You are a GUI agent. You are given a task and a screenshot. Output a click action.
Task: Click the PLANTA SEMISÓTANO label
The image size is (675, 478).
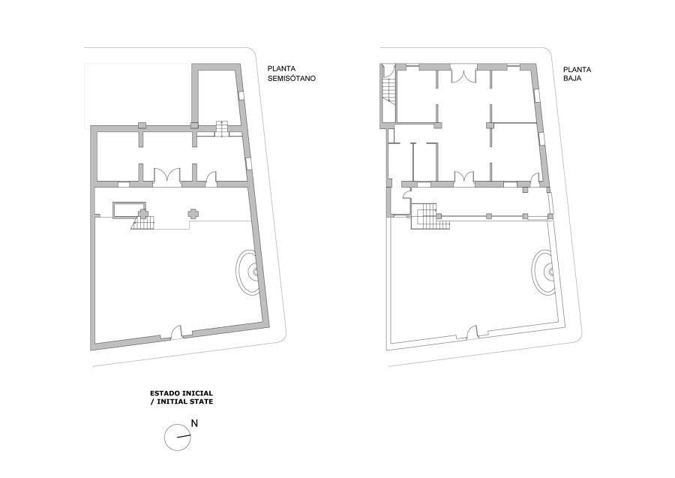pyautogui.click(x=292, y=74)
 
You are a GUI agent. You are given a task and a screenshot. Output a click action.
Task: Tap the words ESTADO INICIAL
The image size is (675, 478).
pyautogui.click(x=181, y=393)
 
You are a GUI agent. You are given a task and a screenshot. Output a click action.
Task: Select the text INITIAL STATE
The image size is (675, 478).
pyautogui.click(x=184, y=401)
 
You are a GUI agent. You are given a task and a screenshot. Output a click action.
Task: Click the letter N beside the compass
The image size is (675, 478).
pyautogui.click(x=194, y=423)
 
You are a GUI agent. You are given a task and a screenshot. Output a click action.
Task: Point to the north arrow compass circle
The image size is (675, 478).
pyautogui.click(x=178, y=437)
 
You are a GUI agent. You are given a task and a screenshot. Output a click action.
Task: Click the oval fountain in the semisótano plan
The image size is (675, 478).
pyautogui.click(x=247, y=272)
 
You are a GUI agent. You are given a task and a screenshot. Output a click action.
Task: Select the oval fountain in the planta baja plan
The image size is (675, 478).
pyautogui.click(x=543, y=272)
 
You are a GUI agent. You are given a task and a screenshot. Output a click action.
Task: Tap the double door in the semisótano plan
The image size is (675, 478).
pyautogui.click(x=166, y=176)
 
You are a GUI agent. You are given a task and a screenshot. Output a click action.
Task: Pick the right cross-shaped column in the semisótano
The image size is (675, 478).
pyautogui.click(x=193, y=214)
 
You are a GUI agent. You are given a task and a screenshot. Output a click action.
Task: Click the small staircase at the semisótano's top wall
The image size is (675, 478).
pyautogui.click(x=222, y=128)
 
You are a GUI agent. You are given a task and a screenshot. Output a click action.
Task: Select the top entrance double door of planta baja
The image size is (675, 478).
pyautogui.click(x=463, y=74)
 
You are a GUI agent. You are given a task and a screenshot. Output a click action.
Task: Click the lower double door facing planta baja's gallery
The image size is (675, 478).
pyautogui.click(x=463, y=177)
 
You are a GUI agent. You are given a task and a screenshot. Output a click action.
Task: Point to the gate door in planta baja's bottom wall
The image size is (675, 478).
pyautogui.click(x=472, y=331)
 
